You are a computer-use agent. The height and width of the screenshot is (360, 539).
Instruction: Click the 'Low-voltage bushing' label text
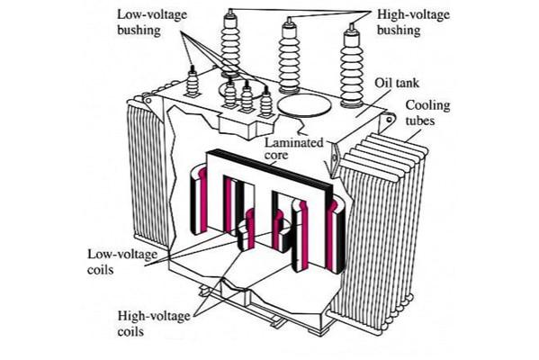tap(152, 22)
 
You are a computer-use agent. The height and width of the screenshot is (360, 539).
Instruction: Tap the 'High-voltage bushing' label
tap(414, 22)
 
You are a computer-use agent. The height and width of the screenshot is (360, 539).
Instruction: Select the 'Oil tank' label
tap(397, 83)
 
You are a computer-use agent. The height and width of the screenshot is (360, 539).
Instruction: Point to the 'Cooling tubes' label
tap(427, 112)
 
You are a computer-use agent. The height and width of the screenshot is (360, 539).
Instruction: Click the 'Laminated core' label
tap(294, 148)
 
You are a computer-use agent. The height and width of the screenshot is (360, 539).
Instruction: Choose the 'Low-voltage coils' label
tap(122, 262)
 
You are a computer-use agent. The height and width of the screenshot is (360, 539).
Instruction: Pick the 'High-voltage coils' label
tap(154, 324)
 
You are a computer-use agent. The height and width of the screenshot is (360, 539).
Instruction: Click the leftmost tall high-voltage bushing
tap(229, 44)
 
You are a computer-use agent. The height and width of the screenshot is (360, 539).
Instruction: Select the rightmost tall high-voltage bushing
tap(352, 66)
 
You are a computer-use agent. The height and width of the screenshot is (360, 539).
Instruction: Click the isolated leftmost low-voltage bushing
tap(193, 82)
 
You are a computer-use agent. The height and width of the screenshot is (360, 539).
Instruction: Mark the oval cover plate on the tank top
tap(304, 105)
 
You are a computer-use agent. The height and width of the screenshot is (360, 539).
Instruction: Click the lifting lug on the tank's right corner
tap(389, 120)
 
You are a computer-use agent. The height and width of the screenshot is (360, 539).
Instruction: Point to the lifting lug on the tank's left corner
tap(148, 101)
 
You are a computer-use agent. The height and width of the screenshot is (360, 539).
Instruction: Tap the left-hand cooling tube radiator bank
tap(148, 172)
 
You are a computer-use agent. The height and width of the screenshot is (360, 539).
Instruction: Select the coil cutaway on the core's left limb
tap(198, 200)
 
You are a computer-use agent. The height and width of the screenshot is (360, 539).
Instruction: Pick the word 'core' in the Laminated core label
tap(276, 155)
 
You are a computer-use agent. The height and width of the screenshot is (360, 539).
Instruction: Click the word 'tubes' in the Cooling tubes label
tap(420, 121)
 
